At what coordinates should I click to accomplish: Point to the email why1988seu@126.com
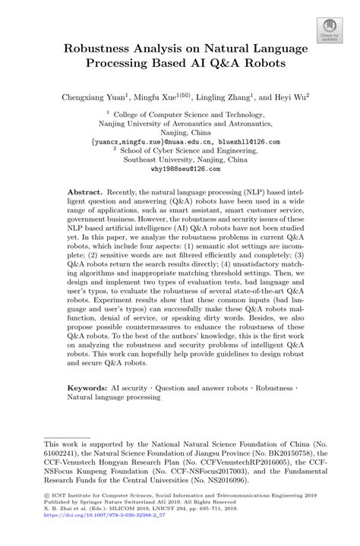tap(180, 171)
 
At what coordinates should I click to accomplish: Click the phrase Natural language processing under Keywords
tap(114, 396)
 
